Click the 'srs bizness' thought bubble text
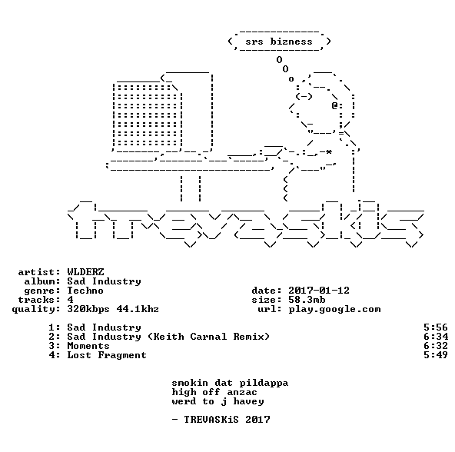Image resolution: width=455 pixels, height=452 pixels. click(279, 42)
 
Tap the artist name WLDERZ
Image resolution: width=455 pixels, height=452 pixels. click(85, 271)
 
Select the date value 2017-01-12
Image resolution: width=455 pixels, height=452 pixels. click(319, 291)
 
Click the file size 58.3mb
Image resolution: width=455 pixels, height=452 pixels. click(307, 300)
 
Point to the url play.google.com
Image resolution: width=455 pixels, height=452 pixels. click(334, 310)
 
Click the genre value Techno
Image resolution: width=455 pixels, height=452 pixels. click(85, 291)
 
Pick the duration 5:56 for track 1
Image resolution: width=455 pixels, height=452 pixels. click(436, 327)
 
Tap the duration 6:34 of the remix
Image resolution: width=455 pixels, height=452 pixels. click(436, 337)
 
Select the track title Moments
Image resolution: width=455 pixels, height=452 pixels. click(88, 346)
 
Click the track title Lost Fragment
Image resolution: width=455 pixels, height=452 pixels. click(107, 355)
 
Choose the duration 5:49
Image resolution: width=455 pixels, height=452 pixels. click(436, 355)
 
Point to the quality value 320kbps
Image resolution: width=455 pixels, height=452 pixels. click(88, 309)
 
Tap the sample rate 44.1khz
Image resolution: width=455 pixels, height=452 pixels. click(138, 309)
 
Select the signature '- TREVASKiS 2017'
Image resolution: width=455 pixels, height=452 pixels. click(221, 420)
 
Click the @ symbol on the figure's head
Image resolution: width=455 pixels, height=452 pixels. click(334, 105)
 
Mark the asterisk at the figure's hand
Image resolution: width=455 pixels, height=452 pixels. click(328, 152)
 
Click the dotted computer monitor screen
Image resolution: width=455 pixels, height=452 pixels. click(146, 115)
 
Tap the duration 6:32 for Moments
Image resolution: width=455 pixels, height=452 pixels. click(436, 346)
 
